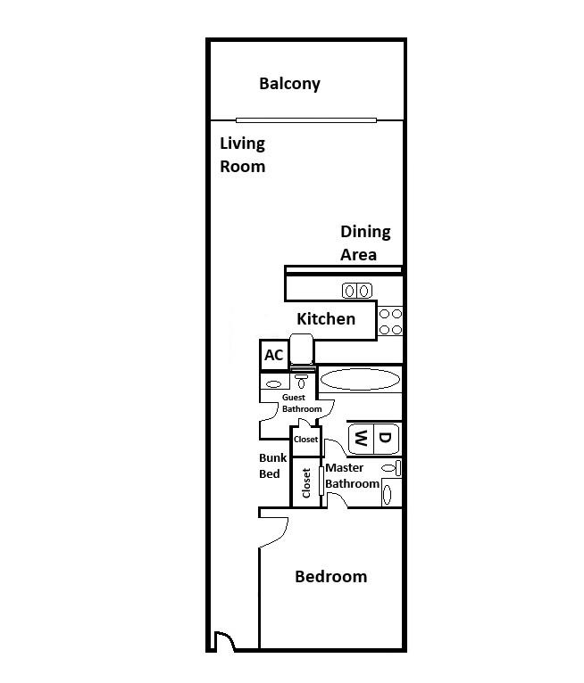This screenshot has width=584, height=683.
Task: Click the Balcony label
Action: click(289, 84)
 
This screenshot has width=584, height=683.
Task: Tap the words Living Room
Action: click(243, 154)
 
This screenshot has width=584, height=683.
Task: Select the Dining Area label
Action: click(365, 243)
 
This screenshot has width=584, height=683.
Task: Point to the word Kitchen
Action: click(326, 318)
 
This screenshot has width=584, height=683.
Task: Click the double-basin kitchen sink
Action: click(356, 290)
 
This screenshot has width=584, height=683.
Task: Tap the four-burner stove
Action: click(390, 321)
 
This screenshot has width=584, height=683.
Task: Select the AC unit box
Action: click(273, 355)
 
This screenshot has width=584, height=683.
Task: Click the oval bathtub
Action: click(360, 379)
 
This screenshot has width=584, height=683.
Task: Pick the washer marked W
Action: click(361, 438)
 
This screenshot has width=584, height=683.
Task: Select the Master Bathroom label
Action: click(352, 476)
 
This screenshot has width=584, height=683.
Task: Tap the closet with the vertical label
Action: click(306, 482)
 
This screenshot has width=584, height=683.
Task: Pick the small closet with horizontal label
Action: click(305, 440)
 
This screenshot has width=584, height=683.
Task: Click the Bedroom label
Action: click(330, 577)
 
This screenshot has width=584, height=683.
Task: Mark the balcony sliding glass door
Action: click(306, 120)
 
